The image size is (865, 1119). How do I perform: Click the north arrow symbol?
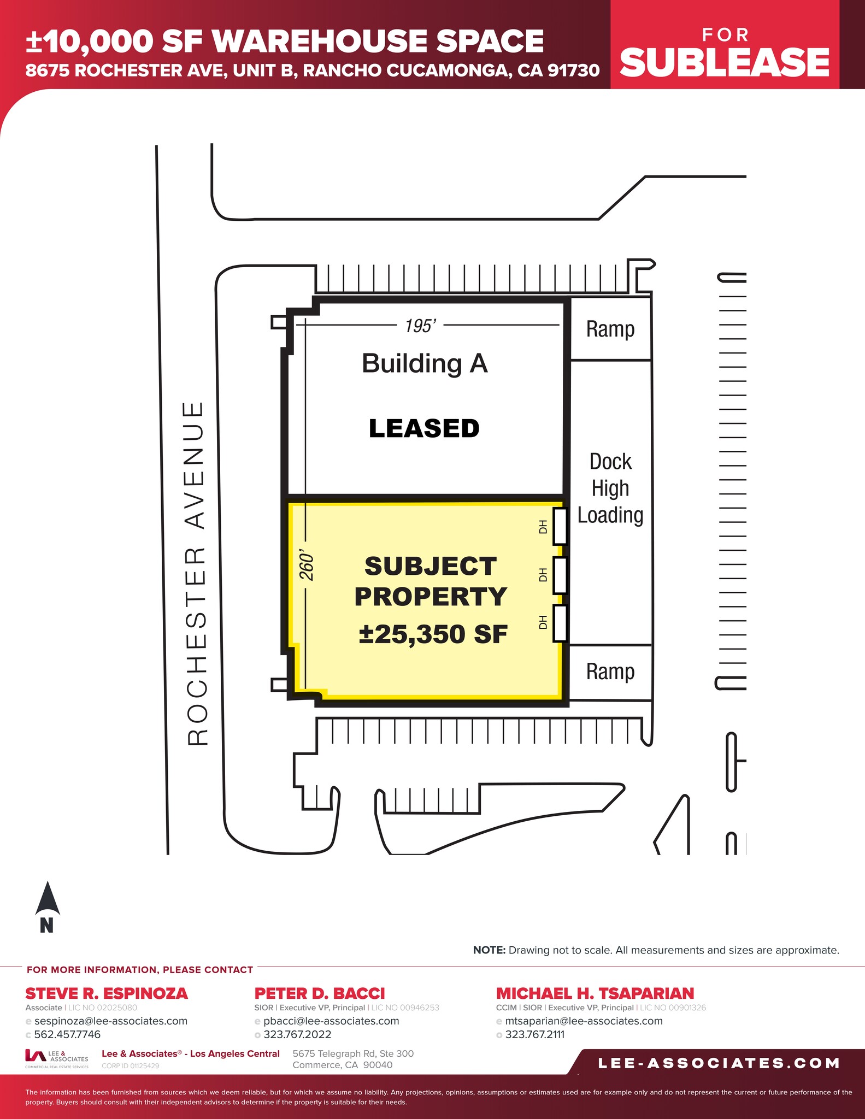pos(48,900)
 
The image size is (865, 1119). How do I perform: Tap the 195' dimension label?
pos(420,326)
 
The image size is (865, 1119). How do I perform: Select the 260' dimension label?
pos(307,567)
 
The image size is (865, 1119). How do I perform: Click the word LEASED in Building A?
pos(424,428)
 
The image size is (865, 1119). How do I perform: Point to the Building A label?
pos(425,363)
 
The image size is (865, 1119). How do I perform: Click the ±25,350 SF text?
pos(433,634)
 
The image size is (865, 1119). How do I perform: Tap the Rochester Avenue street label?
pos(196,574)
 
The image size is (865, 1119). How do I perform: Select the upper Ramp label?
pos(610,329)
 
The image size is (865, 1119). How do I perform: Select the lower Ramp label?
pos(610,672)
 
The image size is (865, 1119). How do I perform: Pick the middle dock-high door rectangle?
pos(560,575)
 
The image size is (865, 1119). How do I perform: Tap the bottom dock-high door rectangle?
pos(560,623)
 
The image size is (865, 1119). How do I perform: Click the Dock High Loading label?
pos(610,488)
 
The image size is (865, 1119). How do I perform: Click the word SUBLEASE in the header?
pos(725,62)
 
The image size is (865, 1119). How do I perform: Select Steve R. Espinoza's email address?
pos(111,1021)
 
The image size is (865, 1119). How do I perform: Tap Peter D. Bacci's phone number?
pos(297,1034)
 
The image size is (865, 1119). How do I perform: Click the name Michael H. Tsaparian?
pos(595,993)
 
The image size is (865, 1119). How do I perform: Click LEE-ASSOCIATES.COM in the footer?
pos(719,1063)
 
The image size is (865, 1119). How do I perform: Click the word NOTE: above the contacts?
pos(489,950)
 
